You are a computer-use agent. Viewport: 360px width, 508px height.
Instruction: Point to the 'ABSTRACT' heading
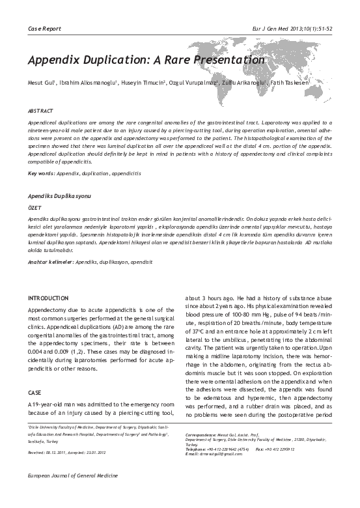click(40, 111)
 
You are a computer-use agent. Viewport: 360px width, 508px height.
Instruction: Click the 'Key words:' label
click(40, 155)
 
